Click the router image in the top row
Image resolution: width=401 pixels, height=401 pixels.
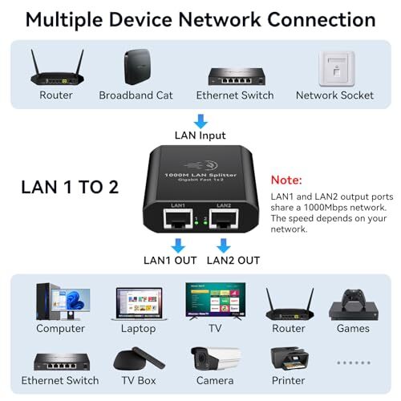(x=55, y=68)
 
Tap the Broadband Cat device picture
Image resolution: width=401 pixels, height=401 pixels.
(x=136, y=67)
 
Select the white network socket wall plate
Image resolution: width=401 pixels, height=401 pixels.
(x=334, y=68)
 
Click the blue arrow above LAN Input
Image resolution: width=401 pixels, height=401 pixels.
(x=201, y=120)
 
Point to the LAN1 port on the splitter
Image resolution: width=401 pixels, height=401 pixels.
(x=178, y=224)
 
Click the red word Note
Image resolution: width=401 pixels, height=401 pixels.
(x=286, y=180)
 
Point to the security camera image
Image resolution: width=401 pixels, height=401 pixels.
(x=213, y=356)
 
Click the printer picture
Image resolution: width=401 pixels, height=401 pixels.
(x=288, y=356)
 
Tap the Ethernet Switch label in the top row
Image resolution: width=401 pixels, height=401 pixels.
(x=234, y=95)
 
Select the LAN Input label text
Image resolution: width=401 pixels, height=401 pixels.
(x=201, y=135)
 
